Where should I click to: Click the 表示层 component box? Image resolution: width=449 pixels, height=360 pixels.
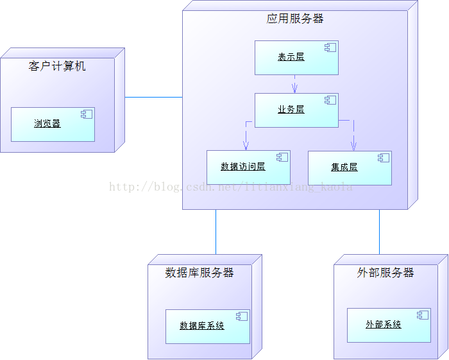[296, 58]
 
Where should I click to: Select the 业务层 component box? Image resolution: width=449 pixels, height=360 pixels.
[296, 110]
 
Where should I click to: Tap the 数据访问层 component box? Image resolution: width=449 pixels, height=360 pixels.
[248, 167]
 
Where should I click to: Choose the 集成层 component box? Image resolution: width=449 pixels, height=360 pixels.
[350, 167]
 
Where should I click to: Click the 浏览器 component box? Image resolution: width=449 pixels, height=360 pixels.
[53, 124]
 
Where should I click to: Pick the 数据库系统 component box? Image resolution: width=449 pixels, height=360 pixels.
[207, 326]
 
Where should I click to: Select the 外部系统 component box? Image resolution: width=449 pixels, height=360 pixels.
[389, 325]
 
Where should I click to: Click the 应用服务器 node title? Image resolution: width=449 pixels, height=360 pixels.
[295, 19]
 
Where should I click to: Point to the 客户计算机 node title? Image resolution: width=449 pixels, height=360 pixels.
[57, 66]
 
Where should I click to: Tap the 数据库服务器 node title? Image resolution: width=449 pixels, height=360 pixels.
[199, 273]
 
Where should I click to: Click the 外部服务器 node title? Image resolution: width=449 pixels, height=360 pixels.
[385, 273]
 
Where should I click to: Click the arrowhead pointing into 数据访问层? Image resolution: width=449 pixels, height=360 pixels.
[246, 146]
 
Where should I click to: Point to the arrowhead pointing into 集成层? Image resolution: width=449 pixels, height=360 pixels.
[353, 146]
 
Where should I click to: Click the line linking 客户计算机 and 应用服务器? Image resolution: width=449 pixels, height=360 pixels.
[154, 98]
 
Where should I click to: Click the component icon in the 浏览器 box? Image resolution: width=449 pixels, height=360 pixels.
[86, 115]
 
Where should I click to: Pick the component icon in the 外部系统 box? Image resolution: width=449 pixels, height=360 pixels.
[422, 315]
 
